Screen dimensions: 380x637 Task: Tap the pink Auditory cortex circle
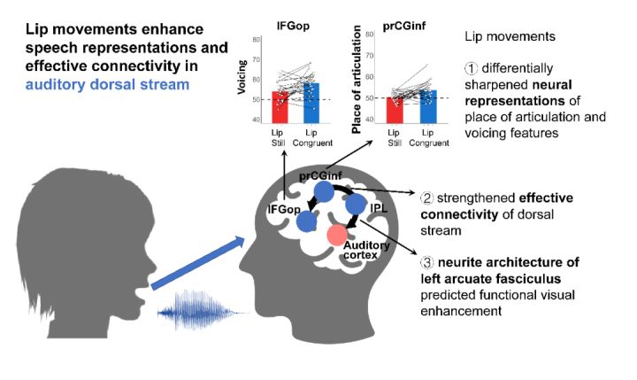337,235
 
